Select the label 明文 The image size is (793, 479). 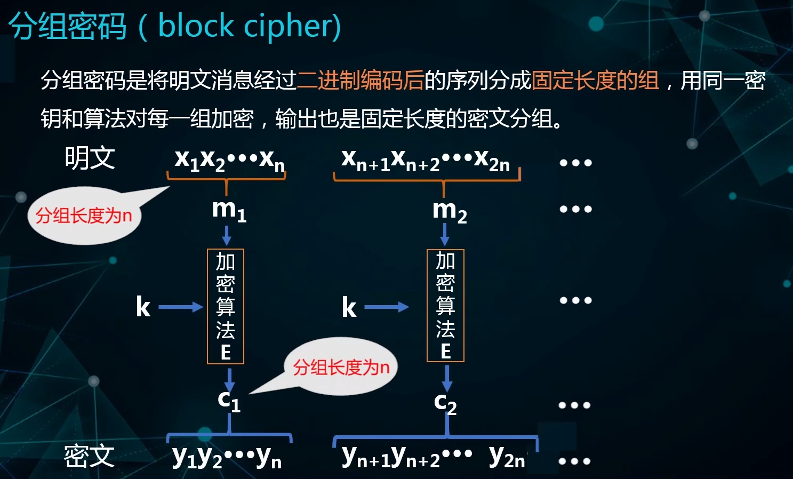[x=90, y=158]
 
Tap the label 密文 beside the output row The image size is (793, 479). [x=89, y=456]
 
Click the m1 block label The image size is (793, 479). [x=229, y=210]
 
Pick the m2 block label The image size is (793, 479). [x=449, y=211]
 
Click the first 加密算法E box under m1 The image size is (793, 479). [x=226, y=306]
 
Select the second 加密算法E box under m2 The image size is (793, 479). [x=445, y=306]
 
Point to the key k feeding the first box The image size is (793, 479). [x=143, y=307]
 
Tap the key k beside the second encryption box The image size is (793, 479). [x=349, y=307]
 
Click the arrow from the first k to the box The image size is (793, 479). [x=181, y=307]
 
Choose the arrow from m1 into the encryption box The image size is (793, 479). [x=227, y=235]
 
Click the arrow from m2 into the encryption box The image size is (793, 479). [x=445, y=234]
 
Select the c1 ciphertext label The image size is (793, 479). [x=229, y=400]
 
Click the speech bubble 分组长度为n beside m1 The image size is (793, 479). [x=84, y=215]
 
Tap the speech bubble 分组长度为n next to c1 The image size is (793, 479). [x=341, y=367]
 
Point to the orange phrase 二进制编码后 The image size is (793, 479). [x=361, y=81]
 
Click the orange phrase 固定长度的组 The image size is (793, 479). [x=595, y=81]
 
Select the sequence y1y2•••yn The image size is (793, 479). [x=227, y=457]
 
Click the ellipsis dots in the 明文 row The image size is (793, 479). [x=575, y=163]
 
